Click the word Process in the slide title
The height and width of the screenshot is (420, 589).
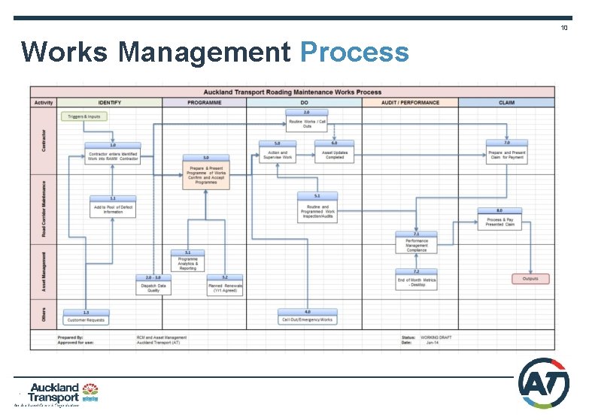pyautogui.click(x=354, y=53)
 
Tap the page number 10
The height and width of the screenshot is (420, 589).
pyautogui.click(x=563, y=28)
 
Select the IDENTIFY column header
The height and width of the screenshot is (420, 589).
pyautogui.click(x=109, y=102)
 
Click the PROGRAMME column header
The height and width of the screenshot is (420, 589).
pyautogui.click(x=204, y=102)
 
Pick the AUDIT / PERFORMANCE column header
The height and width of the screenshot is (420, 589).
pyautogui.click(x=409, y=102)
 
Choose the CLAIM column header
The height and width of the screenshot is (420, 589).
pyautogui.click(x=506, y=102)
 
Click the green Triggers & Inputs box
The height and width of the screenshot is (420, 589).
pyautogui.click(x=83, y=116)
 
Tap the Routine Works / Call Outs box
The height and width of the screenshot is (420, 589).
pyautogui.click(x=307, y=122)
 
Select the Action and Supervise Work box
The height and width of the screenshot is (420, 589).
pyautogui.click(x=277, y=153)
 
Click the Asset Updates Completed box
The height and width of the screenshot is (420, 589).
pyautogui.click(x=335, y=153)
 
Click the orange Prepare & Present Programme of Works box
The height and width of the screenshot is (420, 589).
pyautogui.click(x=205, y=174)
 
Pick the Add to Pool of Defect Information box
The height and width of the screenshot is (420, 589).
pyautogui.click(x=113, y=208)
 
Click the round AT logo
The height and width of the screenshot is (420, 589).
pyautogui.click(x=544, y=382)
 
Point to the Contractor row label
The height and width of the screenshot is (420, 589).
pyautogui.click(x=43, y=141)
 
